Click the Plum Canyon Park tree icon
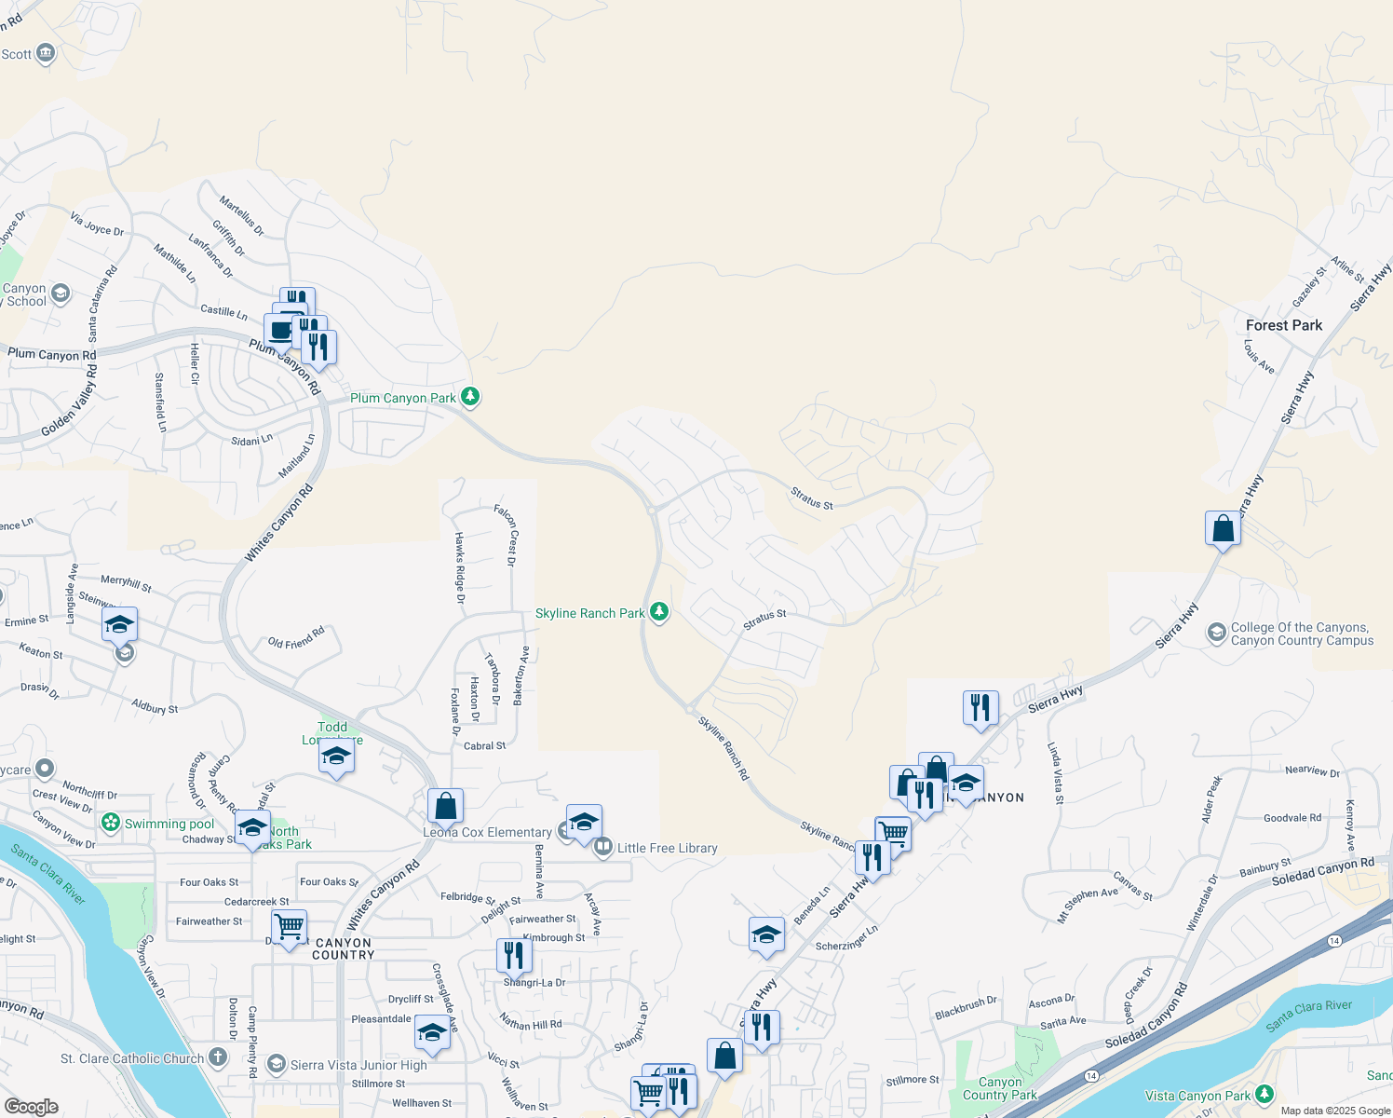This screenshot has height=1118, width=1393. (470, 397)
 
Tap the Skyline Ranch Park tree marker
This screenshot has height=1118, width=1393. (659, 612)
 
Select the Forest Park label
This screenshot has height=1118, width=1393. (1284, 325)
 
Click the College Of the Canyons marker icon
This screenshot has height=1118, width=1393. (1216, 634)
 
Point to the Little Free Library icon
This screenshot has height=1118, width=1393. (603, 847)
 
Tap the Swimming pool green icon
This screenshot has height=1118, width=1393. (111, 823)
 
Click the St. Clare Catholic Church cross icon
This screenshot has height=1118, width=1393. (217, 1057)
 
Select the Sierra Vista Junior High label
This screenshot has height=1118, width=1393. (358, 1065)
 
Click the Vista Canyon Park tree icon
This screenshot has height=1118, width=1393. (1264, 1095)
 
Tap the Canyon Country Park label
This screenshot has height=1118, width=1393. (1000, 1088)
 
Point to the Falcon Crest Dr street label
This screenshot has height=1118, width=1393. (506, 535)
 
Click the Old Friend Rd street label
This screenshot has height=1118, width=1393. (296, 637)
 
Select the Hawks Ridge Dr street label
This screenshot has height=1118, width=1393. (459, 567)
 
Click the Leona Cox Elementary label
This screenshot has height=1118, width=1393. (487, 832)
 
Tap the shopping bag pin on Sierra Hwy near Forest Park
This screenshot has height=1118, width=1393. (1223, 529)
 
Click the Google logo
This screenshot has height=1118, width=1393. (31, 1106)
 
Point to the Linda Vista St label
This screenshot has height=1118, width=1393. (1055, 773)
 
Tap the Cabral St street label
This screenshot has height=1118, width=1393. (484, 745)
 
